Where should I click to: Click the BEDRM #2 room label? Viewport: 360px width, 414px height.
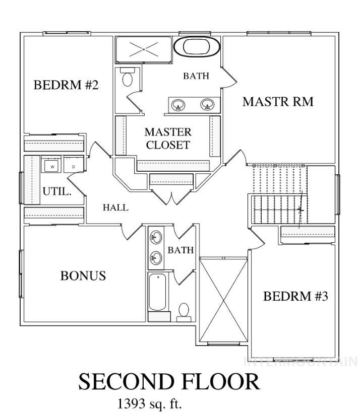point(66,85)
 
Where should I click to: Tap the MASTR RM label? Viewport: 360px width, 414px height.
point(278,102)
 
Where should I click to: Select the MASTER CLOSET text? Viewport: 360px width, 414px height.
point(168,139)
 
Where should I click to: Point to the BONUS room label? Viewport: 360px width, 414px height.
point(83,276)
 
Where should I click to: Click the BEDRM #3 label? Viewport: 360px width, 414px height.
point(295,296)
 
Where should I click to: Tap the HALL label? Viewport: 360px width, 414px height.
point(115,208)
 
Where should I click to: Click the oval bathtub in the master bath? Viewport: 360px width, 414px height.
point(197,48)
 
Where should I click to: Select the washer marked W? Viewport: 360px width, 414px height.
point(52,165)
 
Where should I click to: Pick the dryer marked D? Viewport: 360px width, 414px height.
point(73,165)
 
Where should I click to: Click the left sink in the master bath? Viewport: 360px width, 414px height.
point(178,105)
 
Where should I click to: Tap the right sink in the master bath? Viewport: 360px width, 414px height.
point(207,105)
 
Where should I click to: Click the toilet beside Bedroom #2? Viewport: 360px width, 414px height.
point(127,78)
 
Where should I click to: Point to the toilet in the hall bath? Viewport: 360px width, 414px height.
point(184,311)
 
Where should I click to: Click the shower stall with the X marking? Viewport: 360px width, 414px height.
point(144,49)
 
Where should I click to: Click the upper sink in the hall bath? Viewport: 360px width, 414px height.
point(156,236)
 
